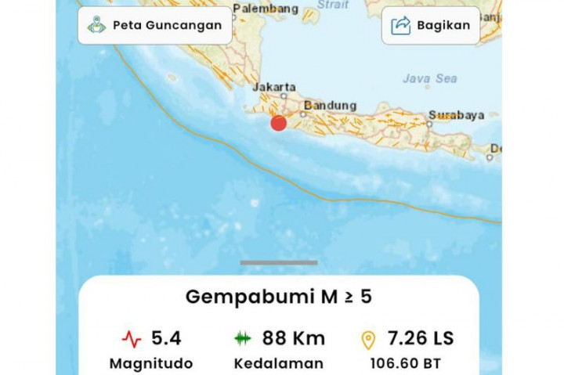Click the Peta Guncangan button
(155, 25)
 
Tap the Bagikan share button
(430, 25)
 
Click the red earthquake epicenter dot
(278, 123)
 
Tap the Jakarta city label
(274, 87)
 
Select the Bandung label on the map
(330, 106)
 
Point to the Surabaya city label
(456, 116)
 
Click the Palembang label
(266, 9)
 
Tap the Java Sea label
(429, 78)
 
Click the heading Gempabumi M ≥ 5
(278, 297)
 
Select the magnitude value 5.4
(166, 338)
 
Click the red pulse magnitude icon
(132, 339)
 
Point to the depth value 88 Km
(293, 338)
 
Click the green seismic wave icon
(243, 339)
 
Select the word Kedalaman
(278, 363)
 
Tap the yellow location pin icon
(367, 339)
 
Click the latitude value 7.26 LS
(420, 338)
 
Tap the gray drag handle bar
(278, 262)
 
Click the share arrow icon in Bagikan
(400, 25)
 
